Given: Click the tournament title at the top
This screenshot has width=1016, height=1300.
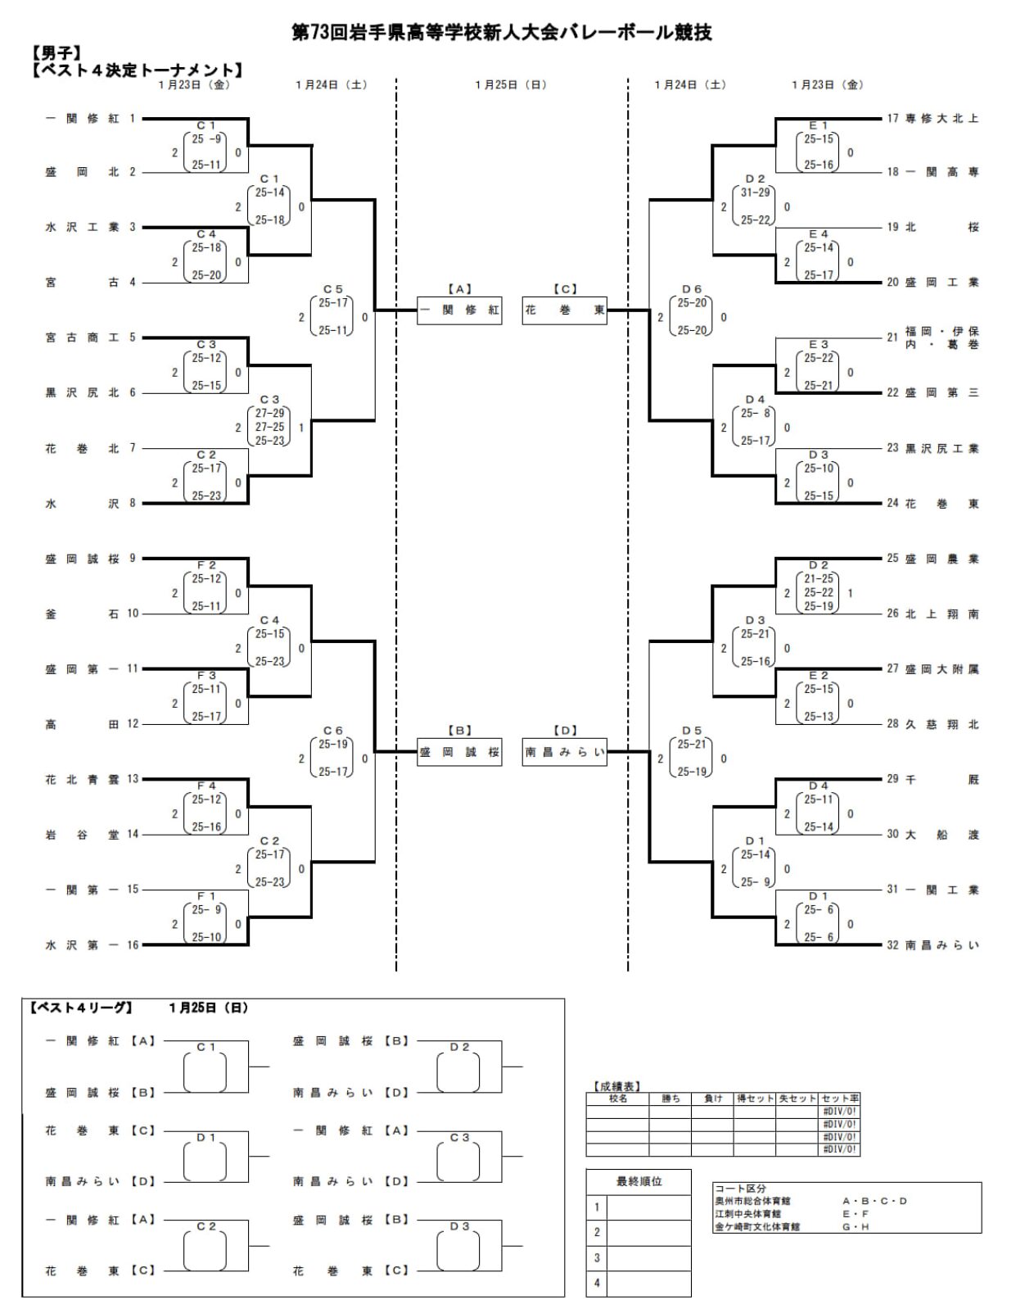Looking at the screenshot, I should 501,33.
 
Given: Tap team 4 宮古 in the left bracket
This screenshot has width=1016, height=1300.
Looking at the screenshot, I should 82,283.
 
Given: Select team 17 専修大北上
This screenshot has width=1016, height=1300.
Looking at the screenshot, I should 941,119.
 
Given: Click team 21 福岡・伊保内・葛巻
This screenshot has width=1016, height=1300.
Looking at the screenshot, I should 941,337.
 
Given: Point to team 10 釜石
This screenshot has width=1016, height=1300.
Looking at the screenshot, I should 82,614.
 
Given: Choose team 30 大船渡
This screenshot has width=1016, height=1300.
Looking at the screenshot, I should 941,835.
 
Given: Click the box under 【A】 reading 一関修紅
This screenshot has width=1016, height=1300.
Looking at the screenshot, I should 459,310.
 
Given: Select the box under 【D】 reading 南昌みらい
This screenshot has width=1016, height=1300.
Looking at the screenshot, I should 564,752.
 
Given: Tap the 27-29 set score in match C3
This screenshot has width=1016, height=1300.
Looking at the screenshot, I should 269,414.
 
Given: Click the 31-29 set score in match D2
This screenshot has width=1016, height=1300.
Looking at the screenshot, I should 755,193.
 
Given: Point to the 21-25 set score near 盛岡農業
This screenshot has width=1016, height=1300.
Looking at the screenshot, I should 819,579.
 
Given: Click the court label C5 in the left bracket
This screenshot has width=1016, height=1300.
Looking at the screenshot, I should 332,289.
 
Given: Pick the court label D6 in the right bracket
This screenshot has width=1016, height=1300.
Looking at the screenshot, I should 692,289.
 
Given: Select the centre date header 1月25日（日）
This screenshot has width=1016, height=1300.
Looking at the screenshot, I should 511,84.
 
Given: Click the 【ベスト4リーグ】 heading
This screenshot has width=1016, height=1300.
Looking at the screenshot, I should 80,1008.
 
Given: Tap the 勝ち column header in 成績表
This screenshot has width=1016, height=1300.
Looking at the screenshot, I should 671,1098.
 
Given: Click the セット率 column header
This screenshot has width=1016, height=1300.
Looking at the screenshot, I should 839,1098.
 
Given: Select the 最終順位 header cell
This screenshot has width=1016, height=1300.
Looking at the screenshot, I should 639,1181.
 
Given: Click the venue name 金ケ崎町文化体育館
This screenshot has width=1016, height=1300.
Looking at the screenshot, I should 756,1226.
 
